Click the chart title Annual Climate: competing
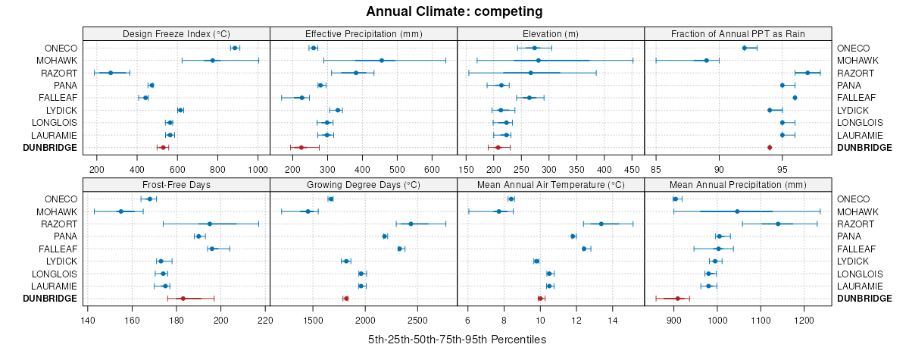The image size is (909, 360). pos(454,11)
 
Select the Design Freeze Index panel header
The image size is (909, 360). pos(176,33)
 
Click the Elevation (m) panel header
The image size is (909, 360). pos(551,33)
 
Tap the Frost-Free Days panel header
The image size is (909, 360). pos(176,184)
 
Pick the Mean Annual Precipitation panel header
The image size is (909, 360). pos(739,184)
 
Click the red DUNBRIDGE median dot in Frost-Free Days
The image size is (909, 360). pos(183,299)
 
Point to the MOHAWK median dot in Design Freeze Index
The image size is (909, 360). pos(213,61)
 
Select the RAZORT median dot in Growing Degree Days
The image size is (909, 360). pos(411,224)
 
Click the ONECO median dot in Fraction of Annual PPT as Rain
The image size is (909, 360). pos(745,48)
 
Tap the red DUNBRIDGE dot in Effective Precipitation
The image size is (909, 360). pos(301,148)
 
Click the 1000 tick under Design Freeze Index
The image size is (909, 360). pos(257,169)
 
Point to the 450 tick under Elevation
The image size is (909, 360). pos(632,169)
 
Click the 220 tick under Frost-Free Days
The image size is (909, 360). pos(266,320)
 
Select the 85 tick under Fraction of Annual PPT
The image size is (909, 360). pos(656,169)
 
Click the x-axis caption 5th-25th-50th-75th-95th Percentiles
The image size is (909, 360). pos(457,340)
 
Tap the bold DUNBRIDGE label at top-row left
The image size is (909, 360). pos(52,148)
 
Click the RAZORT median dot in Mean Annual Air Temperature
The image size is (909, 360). pos(601,224)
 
